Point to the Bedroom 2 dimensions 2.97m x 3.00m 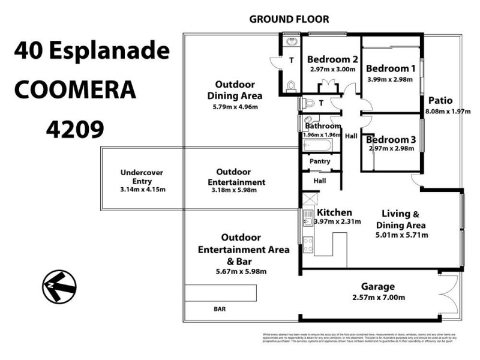(333, 69)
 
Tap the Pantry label (320, 161)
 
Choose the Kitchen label (334, 212)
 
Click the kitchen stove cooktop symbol (309, 244)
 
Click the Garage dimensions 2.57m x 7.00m (377, 298)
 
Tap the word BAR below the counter (220, 310)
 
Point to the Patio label (440, 101)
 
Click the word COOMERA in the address (74, 90)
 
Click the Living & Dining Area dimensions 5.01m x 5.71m (401, 235)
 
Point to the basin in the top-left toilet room (291, 41)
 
